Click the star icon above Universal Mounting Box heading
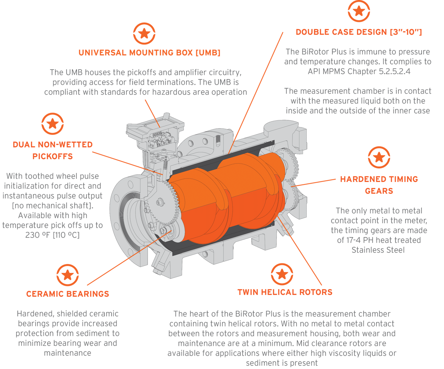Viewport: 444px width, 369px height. [144, 33]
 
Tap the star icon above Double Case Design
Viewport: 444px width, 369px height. [359, 11]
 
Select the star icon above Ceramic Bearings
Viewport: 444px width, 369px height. [67, 275]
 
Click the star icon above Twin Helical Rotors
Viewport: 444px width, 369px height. [282, 274]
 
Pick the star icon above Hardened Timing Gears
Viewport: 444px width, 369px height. [379, 157]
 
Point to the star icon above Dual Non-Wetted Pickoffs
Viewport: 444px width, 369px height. [52, 124]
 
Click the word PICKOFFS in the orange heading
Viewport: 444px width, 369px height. [52, 156]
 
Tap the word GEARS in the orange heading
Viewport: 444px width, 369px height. [379, 191]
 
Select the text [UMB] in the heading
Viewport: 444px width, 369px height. [208, 52]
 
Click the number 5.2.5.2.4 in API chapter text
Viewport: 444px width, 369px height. [395, 71]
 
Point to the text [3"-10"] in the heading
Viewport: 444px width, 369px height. [406, 32]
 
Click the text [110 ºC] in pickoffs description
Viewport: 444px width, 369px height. [66, 235]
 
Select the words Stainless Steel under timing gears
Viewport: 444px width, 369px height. [378, 250]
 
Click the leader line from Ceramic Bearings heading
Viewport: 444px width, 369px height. [129, 258]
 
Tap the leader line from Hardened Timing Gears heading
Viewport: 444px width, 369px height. [313, 183]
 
